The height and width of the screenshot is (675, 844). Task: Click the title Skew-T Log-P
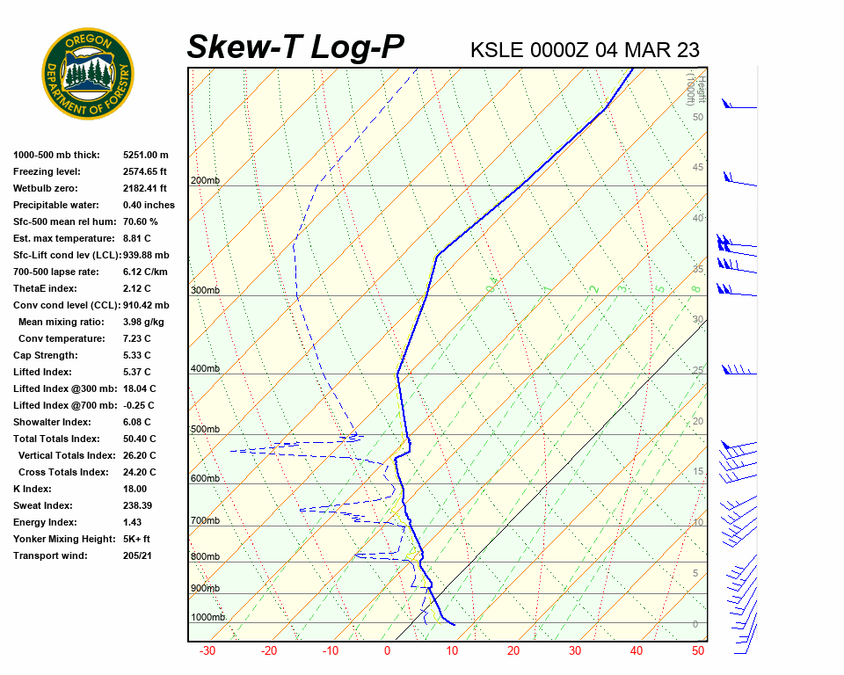pyautogui.click(x=295, y=47)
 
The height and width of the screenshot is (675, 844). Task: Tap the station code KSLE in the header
pyautogui.click(x=498, y=50)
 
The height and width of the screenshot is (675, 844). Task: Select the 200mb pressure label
pyautogui.click(x=205, y=181)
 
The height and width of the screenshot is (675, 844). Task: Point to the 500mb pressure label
pyautogui.click(x=205, y=430)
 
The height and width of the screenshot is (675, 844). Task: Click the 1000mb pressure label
pyautogui.click(x=208, y=618)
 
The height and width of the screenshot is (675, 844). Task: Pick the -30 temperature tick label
pyautogui.click(x=207, y=651)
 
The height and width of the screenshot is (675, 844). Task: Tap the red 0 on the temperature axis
pyautogui.click(x=387, y=651)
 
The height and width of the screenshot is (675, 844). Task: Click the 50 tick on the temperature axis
pyautogui.click(x=698, y=651)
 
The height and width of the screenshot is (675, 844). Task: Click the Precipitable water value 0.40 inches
pyautogui.click(x=149, y=205)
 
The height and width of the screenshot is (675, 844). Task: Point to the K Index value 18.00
pyautogui.click(x=135, y=489)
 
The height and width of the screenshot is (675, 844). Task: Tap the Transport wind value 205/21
pyautogui.click(x=138, y=555)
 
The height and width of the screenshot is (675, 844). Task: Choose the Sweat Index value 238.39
pyautogui.click(x=138, y=505)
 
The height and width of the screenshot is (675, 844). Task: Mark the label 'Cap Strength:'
pyautogui.click(x=45, y=355)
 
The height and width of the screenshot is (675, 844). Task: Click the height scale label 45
pyautogui.click(x=698, y=168)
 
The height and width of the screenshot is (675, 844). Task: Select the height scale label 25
pyautogui.click(x=698, y=370)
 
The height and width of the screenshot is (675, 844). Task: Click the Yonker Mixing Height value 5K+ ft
pyautogui.click(x=137, y=539)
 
